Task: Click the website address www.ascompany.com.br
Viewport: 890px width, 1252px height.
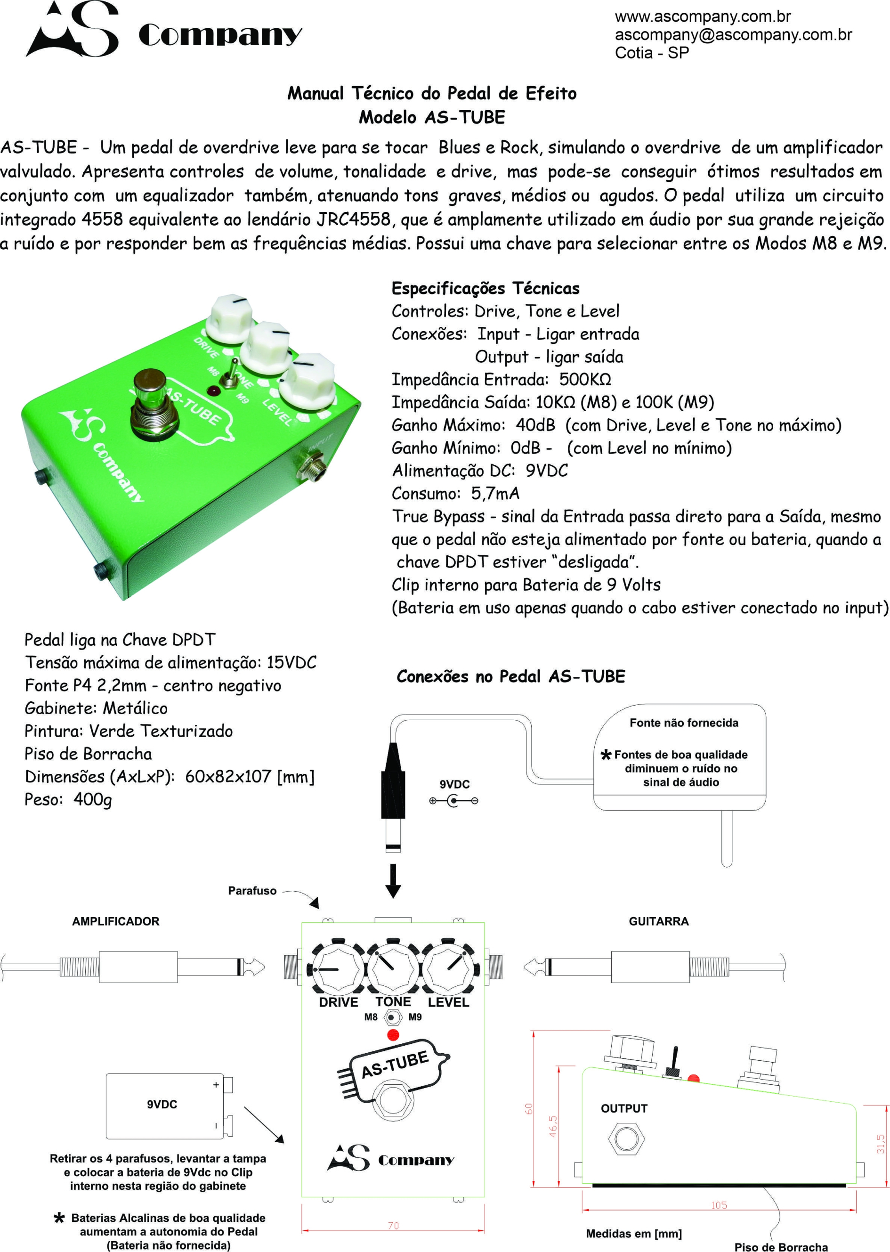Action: [x=702, y=17]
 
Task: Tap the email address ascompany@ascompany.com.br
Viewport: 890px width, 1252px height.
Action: [x=733, y=35]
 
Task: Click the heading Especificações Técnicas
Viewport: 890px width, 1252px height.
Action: [x=485, y=288]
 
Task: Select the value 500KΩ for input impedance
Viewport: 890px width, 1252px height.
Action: [x=585, y=379]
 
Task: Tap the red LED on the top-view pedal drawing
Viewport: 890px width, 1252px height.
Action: [x=392, y=1035]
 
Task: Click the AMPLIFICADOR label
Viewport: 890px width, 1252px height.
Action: [x=116, y=921]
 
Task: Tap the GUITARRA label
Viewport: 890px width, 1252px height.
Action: [x=658, y=921]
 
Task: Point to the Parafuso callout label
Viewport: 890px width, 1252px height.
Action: [x=252, y=891]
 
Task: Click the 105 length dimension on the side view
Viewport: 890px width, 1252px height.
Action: [x=719, y=1205]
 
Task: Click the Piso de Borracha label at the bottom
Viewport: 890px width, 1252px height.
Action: [x=780, y=1247]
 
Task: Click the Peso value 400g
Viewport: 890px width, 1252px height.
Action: [x=93, y=799]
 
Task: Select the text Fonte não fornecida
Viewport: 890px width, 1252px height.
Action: [x=683, y=723]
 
